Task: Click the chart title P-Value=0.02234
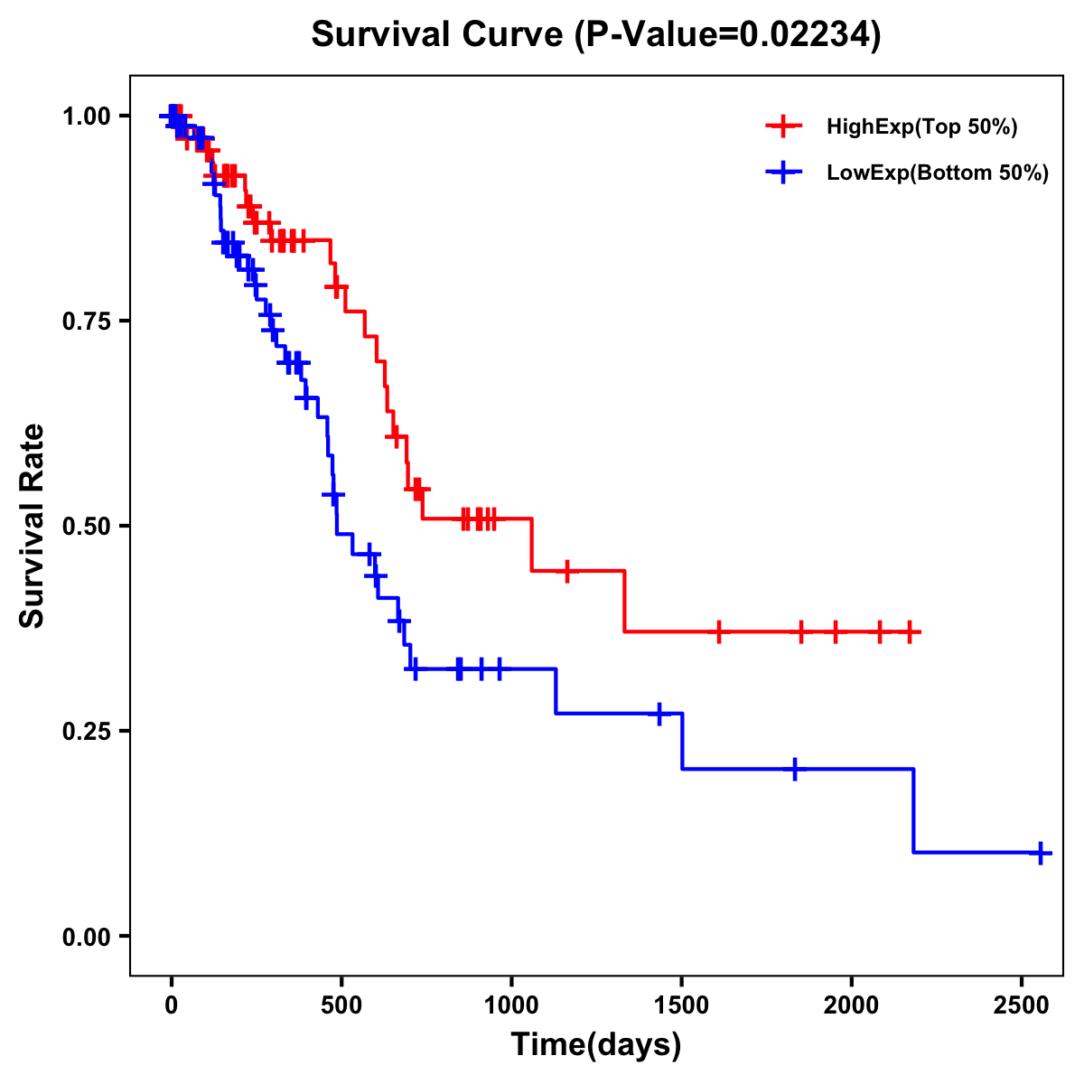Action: click(x=595, y=35)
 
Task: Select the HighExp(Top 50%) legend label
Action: click(x=922, y=127)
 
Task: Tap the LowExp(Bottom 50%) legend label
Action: click(x=938, y=173)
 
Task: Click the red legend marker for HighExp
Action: click(x=784, y=127)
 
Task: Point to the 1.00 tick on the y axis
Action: click(x=88, y=117)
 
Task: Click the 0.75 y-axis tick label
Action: click(x=88, y=322)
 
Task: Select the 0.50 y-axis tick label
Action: click(x=88, y=527)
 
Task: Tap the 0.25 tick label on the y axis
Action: click(x=88, y=732)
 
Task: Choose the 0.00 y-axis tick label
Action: click(x=88, y=937)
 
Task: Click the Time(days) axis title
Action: click(x=596, y=1045)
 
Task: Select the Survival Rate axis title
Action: click(x=33, y=525)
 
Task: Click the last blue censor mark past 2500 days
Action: click(x=1041, y=852)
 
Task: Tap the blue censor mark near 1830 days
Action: click(x=794, y=770)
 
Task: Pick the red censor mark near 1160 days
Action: click(x=566, y=571)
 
